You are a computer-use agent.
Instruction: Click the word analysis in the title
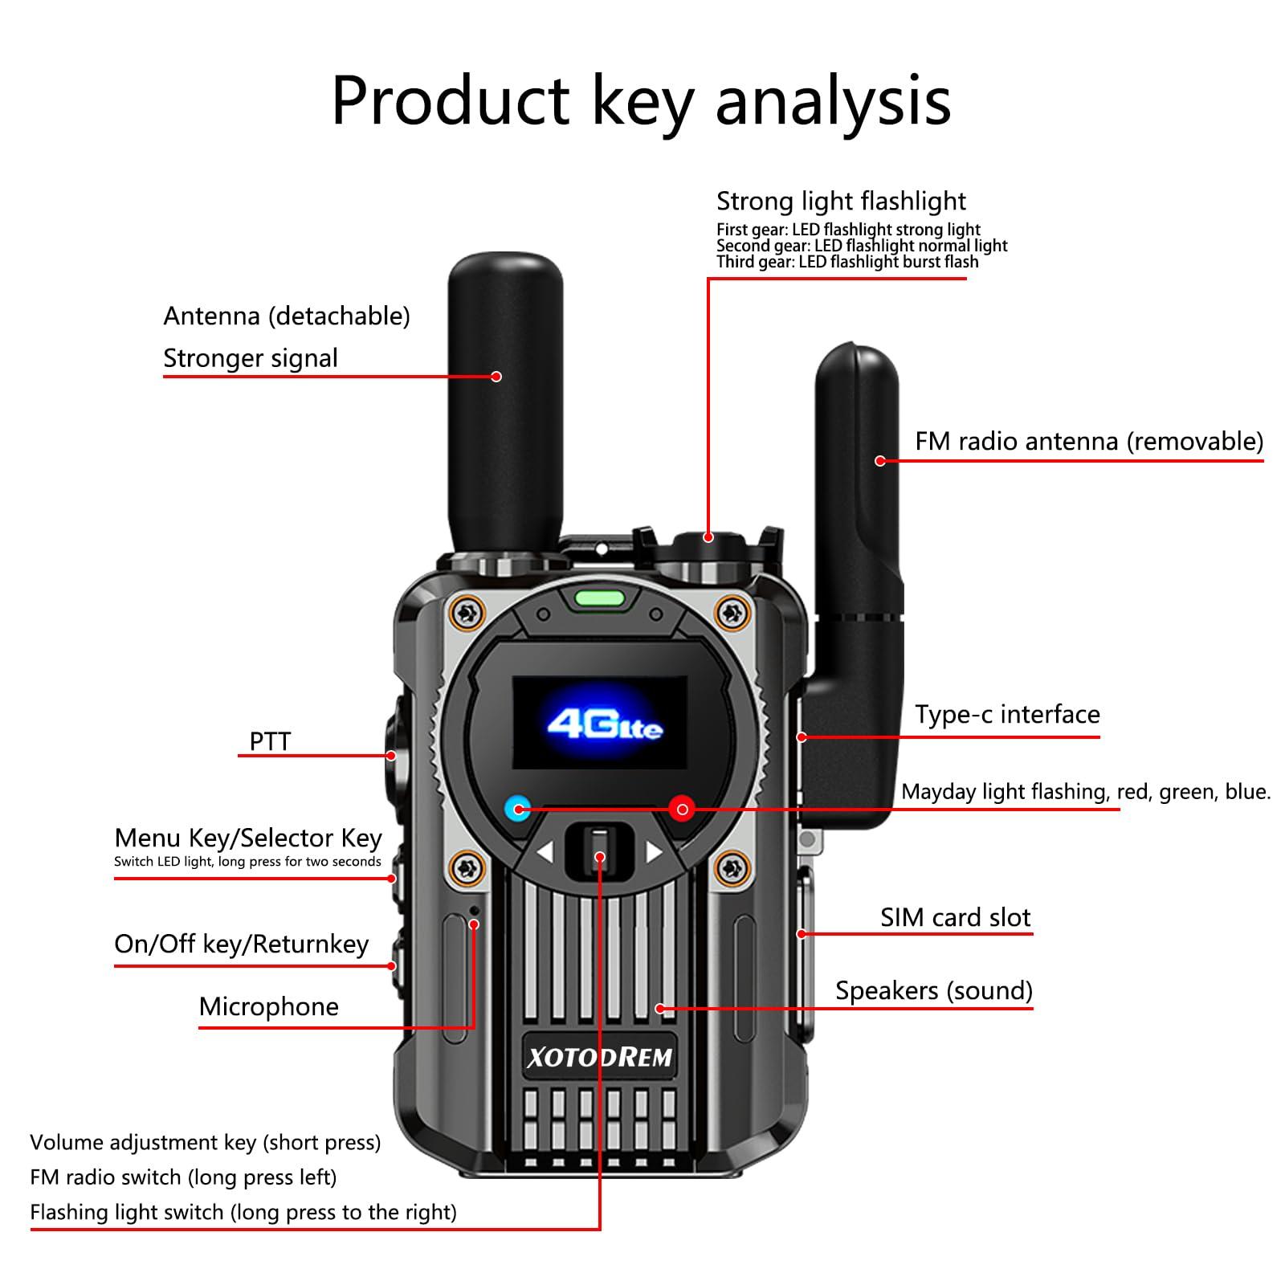833,102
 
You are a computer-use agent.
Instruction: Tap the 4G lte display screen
600,723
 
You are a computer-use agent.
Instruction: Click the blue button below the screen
518,808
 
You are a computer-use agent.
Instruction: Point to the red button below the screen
682,808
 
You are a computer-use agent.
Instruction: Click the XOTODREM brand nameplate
599,1057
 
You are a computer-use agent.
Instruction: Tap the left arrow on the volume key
545,852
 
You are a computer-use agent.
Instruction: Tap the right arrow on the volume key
654,852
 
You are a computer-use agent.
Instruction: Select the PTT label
270,741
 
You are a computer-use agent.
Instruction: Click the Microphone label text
268,1006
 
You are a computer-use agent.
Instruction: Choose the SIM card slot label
955,917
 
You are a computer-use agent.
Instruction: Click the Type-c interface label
1007,714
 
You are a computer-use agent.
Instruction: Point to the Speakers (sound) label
933,990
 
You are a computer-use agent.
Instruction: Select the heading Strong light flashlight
841,201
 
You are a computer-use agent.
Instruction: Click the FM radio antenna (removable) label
1089,441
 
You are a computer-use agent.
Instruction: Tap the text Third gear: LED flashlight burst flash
847,262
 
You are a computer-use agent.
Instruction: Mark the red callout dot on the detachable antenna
496,376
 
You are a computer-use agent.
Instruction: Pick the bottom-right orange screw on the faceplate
732,867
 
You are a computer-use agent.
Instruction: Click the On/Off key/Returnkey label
241,944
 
